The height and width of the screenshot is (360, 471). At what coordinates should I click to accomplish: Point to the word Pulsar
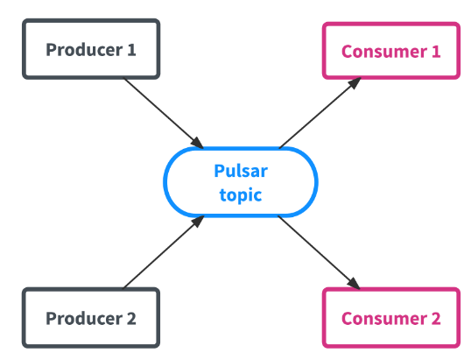(x=241, y=171)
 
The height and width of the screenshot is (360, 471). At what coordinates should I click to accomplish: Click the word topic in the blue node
(x=241, y=195)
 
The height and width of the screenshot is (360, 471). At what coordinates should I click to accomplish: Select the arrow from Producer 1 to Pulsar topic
(x=164, y=113)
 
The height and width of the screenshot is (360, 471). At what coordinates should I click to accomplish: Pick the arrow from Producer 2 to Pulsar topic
(x=164, y=251)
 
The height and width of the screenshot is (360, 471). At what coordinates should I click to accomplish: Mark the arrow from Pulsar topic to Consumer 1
(x=320, y=113)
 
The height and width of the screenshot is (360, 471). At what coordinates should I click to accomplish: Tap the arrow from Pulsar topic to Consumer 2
(x=319, y=252)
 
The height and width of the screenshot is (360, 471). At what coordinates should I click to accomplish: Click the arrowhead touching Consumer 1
(x=355, y=83)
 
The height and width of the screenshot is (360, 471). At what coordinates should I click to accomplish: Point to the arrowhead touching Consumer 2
(x=354, y=284)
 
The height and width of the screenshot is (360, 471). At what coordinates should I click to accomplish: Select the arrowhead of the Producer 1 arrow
(x=198, y=143)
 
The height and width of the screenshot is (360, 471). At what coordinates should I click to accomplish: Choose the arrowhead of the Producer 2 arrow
(x=198, y=222)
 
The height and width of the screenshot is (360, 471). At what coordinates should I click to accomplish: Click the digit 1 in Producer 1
(x=131, y=50)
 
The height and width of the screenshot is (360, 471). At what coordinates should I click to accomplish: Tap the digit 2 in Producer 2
(x=131, y=318)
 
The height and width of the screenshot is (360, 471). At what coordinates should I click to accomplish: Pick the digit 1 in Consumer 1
(x=436, y=52)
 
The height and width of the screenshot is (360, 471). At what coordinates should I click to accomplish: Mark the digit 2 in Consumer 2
(x=436, y=318)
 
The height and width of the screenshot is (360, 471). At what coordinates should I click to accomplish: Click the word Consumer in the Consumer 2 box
(x=384, y=318)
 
